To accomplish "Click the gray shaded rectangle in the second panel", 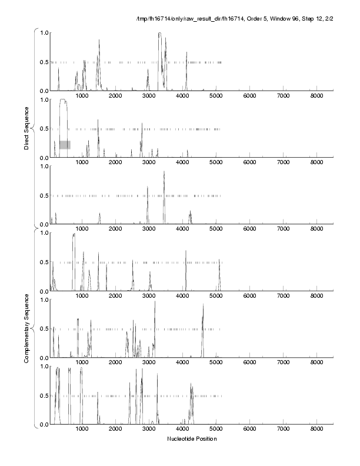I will (x=65, y=145).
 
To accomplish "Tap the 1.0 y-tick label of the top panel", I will (x=43, y=32).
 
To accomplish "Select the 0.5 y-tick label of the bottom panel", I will (x=43, y=395).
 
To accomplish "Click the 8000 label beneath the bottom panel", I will (x=317, y=430).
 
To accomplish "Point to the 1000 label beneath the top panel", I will (x=82, y=96).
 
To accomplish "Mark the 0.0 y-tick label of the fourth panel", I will (x=43, y=291).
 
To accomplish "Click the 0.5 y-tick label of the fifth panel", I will (x=43, y=329).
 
